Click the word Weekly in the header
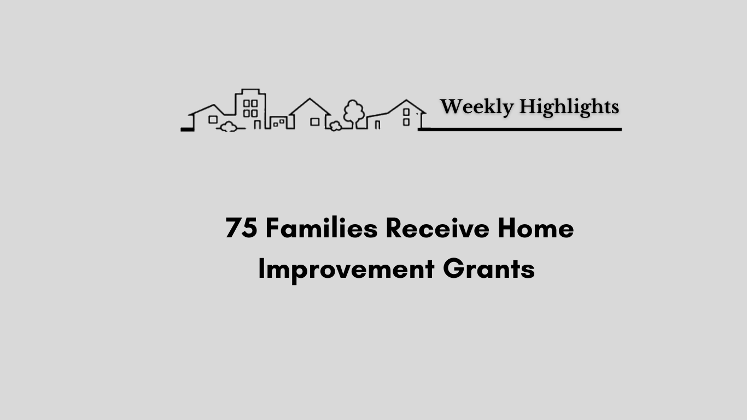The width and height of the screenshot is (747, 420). pos(477,107)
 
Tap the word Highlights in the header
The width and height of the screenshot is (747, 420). pos(569,107)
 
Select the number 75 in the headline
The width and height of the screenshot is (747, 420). pos(242,228)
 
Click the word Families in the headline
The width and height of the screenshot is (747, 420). pos(322,227)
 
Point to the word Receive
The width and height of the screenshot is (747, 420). pos(437,228)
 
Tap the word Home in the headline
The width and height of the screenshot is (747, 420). pos(535,228)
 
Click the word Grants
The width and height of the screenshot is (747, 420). pos(489,269)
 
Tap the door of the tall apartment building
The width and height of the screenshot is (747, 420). pos(257,125)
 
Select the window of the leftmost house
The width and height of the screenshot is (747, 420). pos(213,119)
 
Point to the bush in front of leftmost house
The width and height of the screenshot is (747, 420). pos(229,127)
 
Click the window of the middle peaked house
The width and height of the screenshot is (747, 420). pos(315,122)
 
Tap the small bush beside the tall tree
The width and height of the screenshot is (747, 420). pos(335,126)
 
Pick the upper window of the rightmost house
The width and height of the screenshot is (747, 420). pos(406,112)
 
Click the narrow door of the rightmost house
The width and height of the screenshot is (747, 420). pos(377,125)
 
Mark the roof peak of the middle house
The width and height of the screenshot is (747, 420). pos(310,99)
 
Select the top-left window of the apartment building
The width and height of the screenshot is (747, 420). pos(247,104)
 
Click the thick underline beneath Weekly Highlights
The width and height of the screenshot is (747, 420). pos(520,130)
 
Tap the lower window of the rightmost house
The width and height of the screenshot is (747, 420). pos(406,122)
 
